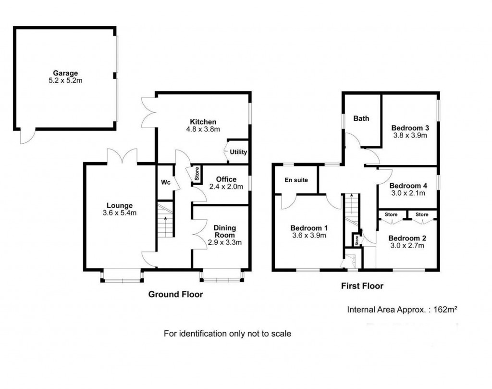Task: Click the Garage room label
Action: coord(65,73)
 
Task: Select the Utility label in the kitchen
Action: coord(238,152)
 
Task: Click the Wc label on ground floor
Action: coord(165,183)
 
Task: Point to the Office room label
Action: coord(226,179)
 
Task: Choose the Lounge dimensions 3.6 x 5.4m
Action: coord(119,213)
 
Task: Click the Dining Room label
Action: coord(224,231)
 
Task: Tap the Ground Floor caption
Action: coord(175,294)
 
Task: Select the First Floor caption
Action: coord(362,286)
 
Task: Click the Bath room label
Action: coord(361,118)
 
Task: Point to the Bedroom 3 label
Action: coord(410,128)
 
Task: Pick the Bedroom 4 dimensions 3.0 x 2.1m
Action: coord(408,193)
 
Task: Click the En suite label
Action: coord(296,180)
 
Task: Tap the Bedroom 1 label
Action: coord(309,228)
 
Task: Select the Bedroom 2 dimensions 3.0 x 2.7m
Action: coord(406,246)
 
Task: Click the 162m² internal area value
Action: coord(444,310)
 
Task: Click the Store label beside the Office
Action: coord(197,174)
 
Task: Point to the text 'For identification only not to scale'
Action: coord(227,333)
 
